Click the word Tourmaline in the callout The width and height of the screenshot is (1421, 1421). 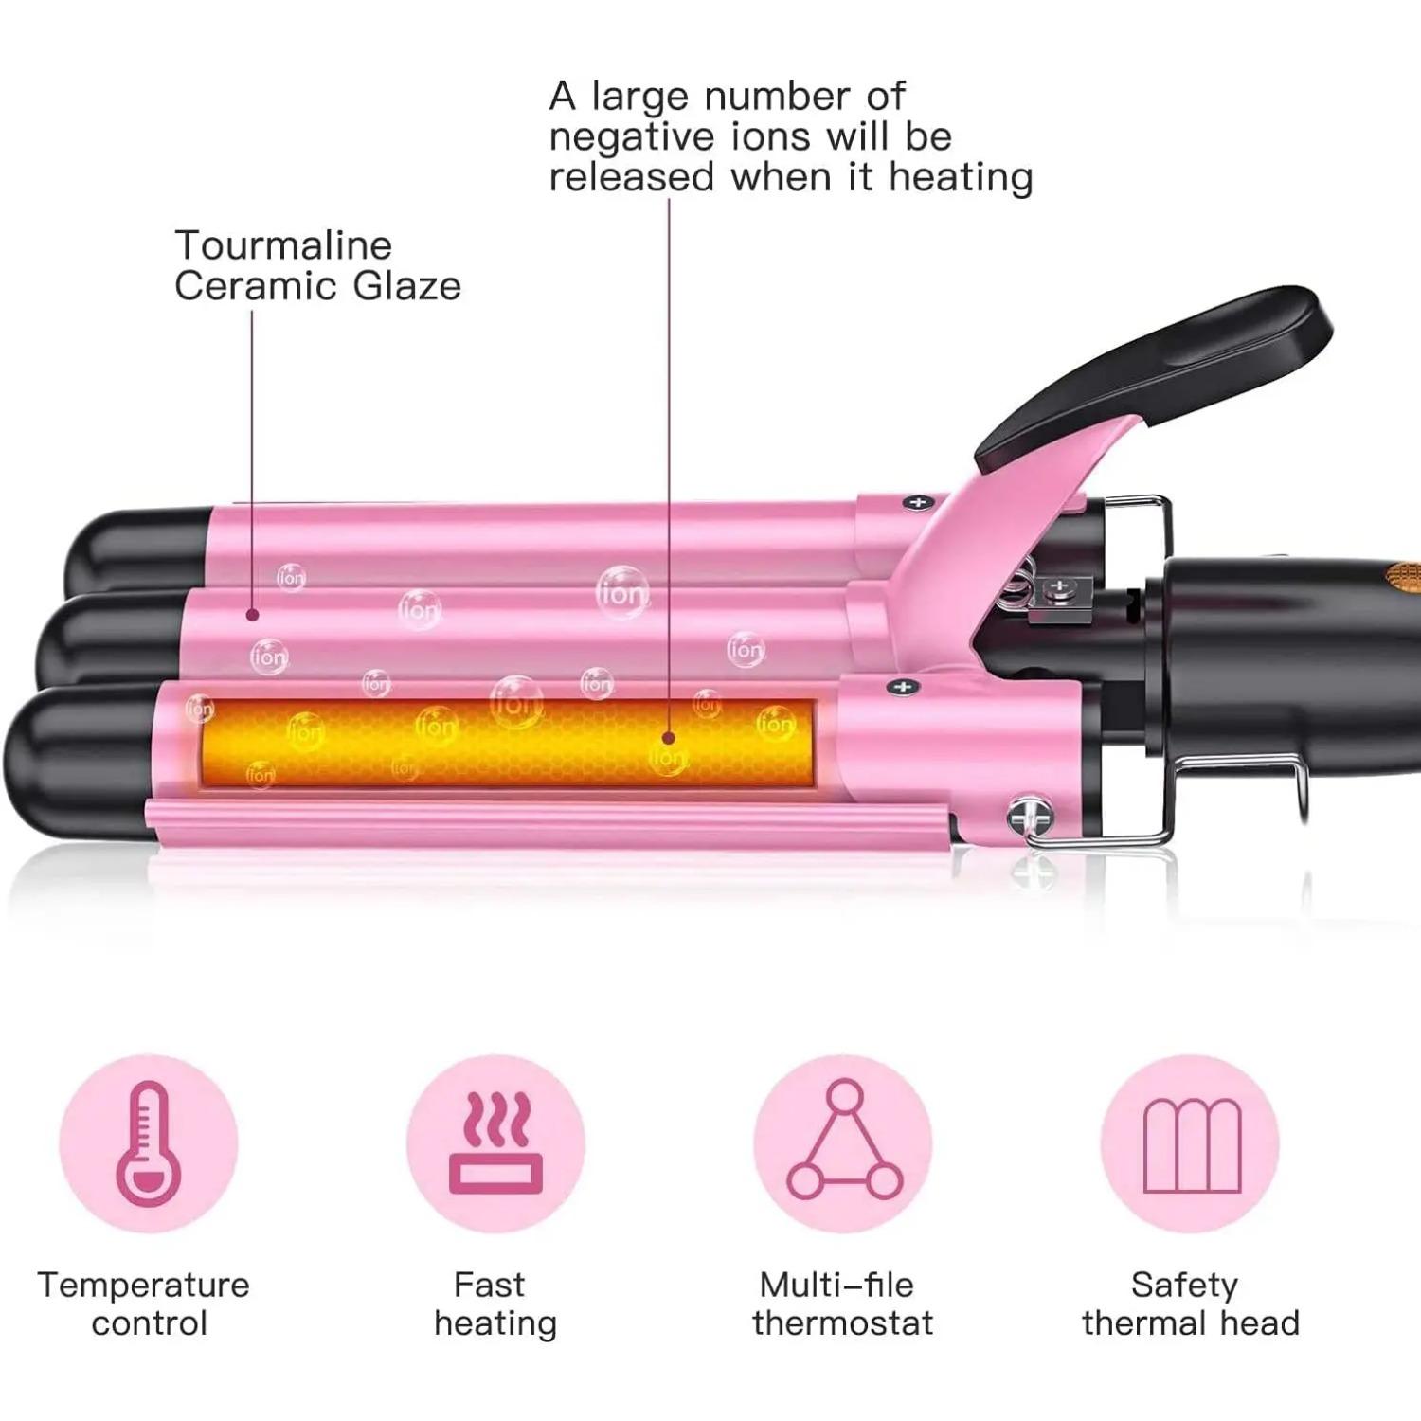point(283,245)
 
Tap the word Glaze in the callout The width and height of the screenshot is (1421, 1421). point(406,285)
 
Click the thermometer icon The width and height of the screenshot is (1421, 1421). point(147,1143)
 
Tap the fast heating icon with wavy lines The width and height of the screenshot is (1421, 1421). point(495,1143)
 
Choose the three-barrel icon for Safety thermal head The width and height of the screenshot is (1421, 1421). point(1192,1145)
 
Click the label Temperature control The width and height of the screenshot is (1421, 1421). point(144,1304)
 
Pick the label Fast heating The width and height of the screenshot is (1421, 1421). point(495,1304)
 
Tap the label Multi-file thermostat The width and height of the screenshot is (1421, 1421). point(842,1304)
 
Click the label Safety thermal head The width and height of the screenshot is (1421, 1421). point(1191,1304)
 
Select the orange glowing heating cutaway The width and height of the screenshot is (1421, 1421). point(508,743)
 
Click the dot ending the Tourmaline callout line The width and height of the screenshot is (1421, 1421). point(252,615)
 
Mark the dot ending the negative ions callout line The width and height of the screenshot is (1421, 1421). point(669,738)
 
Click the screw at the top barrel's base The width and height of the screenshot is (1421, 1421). point(917,502)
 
